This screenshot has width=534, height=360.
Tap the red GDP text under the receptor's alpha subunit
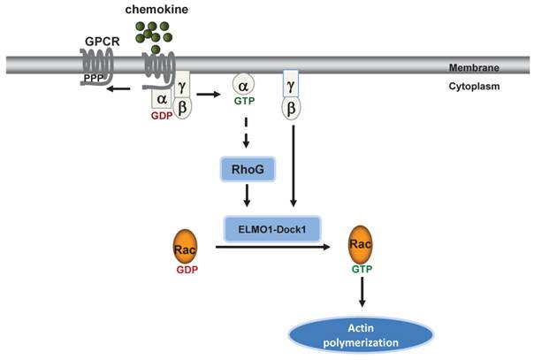(x=161, y=115)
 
